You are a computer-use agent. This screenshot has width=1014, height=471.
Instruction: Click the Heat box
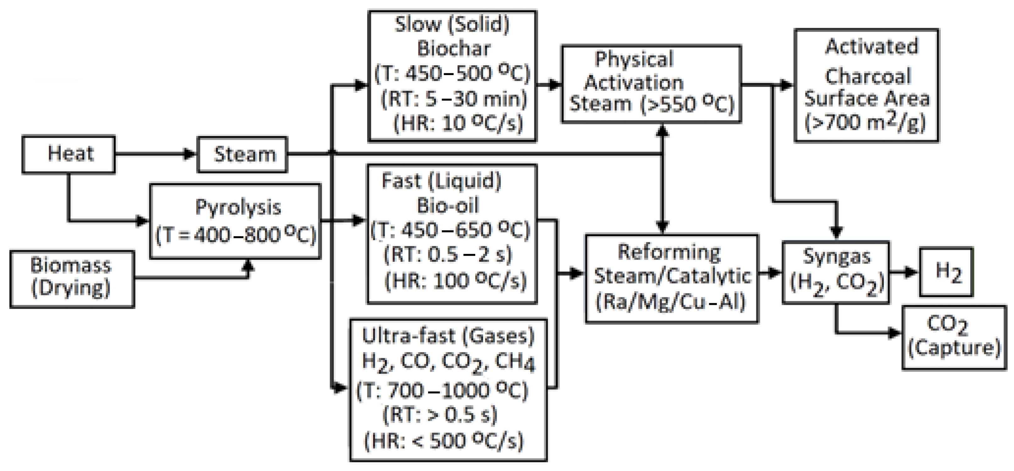pos(69,154)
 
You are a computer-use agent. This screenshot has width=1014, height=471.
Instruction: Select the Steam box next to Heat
pos(242,154)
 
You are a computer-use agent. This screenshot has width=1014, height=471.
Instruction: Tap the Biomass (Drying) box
pos(72,279)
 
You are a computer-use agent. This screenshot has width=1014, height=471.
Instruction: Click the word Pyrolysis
pos(238,207)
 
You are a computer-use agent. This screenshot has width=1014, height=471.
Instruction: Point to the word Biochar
pos(454,49)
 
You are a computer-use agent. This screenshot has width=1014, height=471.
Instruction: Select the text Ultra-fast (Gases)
pos(448,336)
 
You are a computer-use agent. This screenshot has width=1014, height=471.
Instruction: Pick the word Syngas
pos(836,256)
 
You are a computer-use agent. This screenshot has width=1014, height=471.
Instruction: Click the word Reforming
pos(669,252)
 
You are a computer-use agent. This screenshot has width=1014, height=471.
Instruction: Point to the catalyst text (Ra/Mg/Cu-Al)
pos(671,302)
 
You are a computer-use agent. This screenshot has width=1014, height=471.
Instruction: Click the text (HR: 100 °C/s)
pos(455,281)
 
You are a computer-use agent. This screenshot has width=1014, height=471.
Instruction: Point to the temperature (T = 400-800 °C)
pos(236,235)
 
